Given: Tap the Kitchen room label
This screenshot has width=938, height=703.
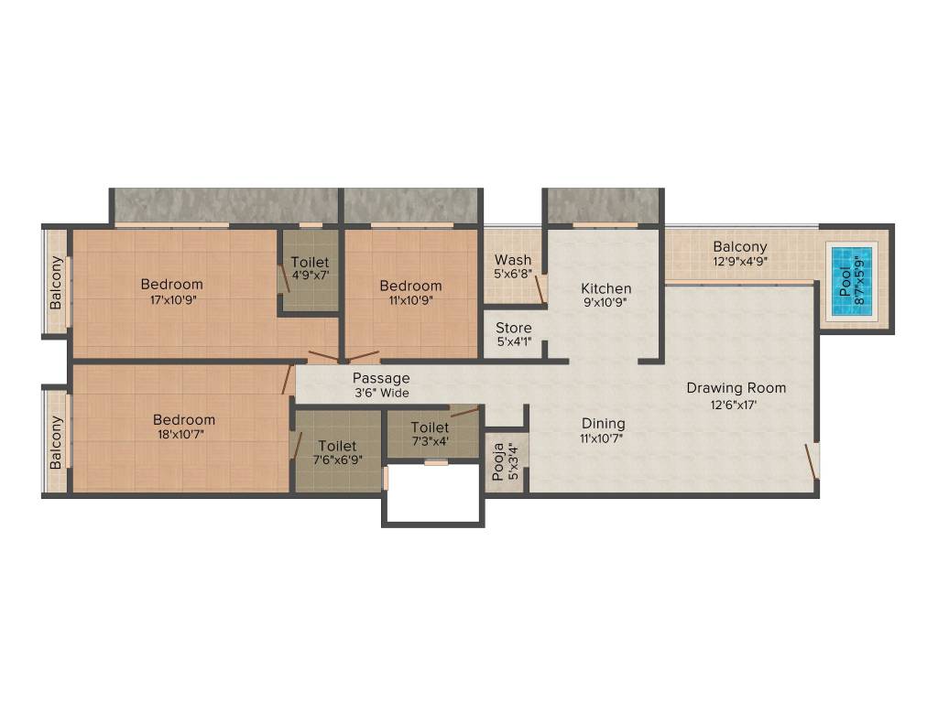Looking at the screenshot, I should pos(606,288).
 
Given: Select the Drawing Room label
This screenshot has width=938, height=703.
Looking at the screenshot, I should pos(736,388).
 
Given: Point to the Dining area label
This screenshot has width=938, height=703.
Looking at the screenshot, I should pos(604,424).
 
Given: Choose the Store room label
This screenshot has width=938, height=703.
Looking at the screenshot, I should pos(514,328).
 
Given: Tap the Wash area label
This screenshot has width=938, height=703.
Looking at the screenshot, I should pos(513,260).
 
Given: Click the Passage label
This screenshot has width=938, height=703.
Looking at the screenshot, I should pos(381,378).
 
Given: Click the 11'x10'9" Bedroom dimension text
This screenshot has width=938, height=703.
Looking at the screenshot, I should pos(410,299).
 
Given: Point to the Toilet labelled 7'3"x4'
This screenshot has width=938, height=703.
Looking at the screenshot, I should pos(430,427).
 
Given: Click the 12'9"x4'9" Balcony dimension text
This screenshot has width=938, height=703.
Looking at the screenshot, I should pos(740,261).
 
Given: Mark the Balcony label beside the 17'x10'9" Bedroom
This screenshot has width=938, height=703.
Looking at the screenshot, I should pos(57,282).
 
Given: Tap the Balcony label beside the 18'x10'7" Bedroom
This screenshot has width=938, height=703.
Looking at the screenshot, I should pos(57,442).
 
